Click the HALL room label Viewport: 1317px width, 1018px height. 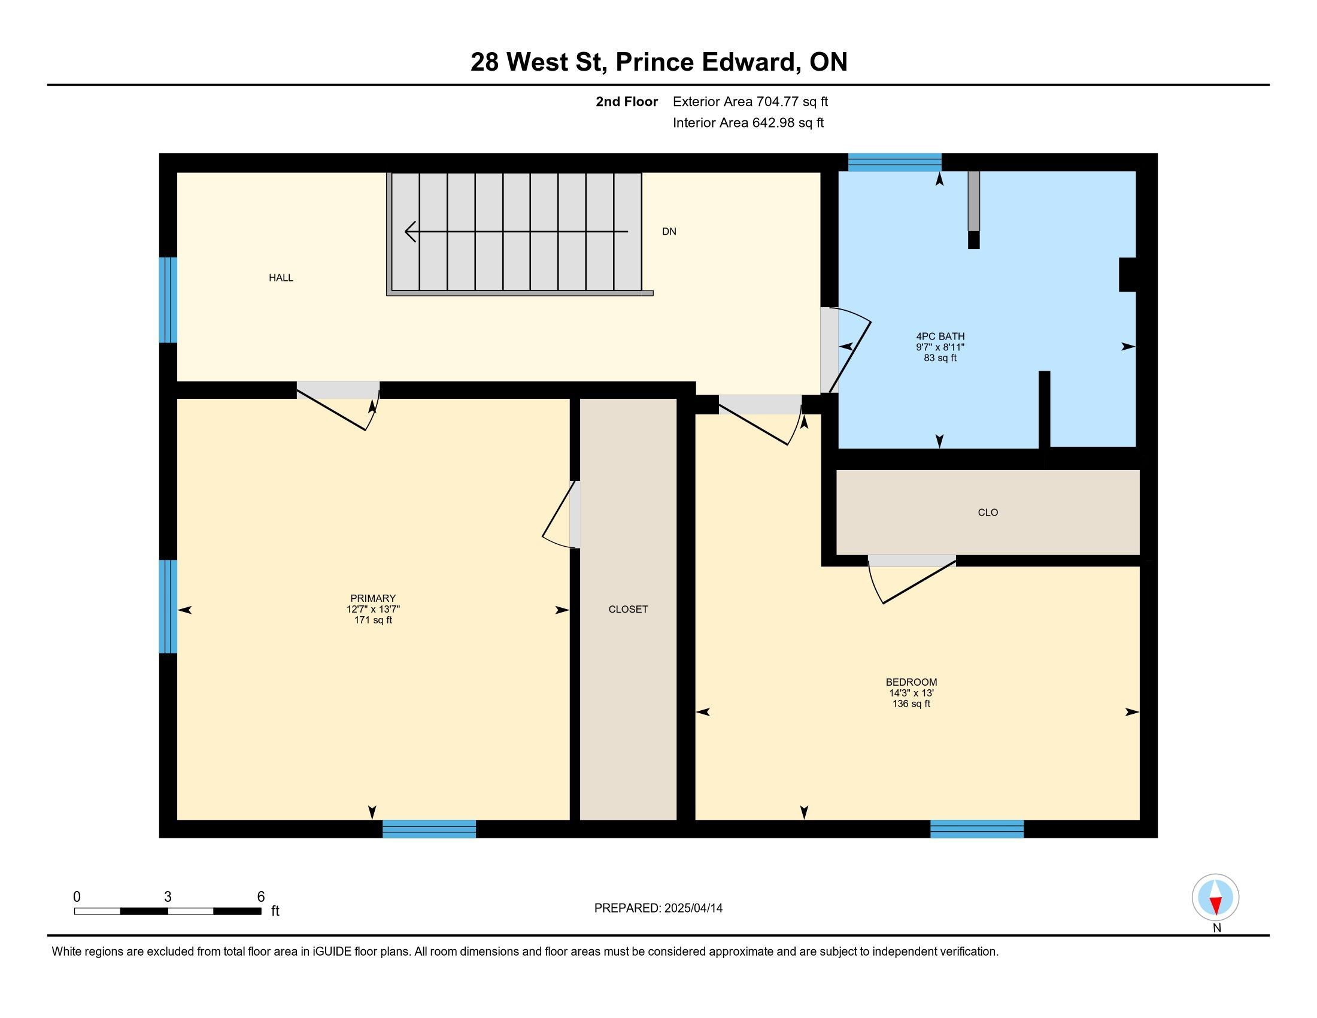pos(281,277)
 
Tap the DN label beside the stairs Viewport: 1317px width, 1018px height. pos(669,232)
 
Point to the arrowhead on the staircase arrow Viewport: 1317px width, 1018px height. pos(410,232)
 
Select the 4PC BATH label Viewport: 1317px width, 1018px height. pos(940,337)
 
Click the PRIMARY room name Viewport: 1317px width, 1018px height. pos(373,598)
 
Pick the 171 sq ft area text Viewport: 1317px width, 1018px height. pos(374,620)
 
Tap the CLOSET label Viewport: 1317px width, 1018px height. pos(629,609)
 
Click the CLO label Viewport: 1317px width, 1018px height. pos(988,513)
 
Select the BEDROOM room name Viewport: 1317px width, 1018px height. pos(911,682)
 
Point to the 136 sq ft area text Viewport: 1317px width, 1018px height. pos(911,704)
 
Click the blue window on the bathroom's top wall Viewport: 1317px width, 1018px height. pos(895,162)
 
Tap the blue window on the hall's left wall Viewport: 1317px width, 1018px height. pos(168,300)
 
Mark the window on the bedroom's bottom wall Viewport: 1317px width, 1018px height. pos(977,829)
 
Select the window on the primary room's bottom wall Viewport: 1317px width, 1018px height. pos(429,829)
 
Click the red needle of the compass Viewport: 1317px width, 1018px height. pos(1216,905)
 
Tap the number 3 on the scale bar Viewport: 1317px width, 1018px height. pos(168,897)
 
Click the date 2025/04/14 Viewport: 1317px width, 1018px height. pos(693,908)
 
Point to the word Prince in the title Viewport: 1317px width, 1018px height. pos(654,62)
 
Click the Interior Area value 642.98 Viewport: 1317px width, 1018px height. pos(773,123)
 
